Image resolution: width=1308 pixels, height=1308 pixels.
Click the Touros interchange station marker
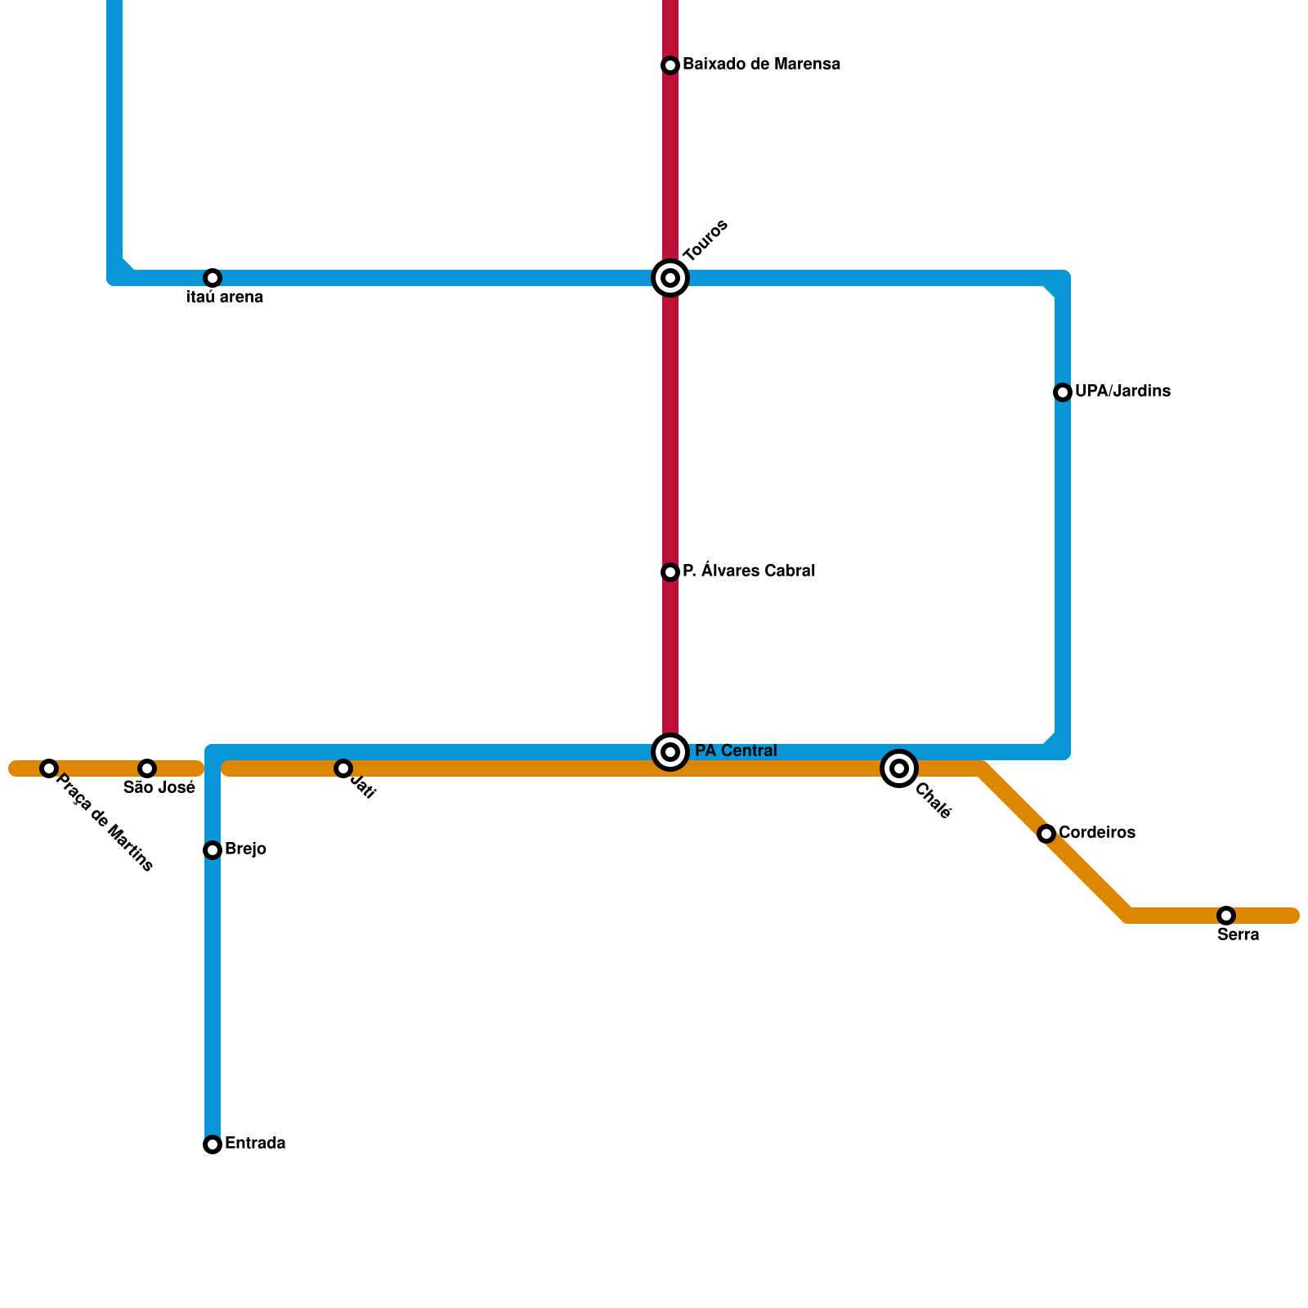670,278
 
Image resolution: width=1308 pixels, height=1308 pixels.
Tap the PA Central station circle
670,752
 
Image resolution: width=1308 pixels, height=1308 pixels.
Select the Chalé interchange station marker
899,768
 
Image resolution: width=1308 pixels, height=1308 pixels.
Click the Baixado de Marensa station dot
670,65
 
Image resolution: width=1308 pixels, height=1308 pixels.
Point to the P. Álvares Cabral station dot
670,572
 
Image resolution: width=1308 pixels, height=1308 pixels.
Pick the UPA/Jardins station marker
1063,392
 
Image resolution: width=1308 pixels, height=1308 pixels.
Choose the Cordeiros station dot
1046,834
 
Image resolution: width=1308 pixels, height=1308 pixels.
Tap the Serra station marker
1226,916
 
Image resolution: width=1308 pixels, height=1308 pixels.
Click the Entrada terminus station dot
213,1144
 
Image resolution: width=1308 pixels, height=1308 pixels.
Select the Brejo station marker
213,850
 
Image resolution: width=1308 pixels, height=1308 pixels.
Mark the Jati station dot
343,768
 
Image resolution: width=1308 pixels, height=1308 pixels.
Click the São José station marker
147,768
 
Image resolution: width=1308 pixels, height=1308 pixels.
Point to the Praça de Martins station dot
49,768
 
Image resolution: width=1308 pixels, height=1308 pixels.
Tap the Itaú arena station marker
213,278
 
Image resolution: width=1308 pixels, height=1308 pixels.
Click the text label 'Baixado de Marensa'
761,64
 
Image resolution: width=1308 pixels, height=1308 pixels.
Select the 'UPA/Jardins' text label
1122,391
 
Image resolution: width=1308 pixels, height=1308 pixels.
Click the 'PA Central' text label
736,750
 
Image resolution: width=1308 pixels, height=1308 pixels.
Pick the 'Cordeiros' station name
1096,832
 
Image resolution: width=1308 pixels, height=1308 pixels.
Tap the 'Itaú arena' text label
225,298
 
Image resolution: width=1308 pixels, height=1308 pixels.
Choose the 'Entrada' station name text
255,1143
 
